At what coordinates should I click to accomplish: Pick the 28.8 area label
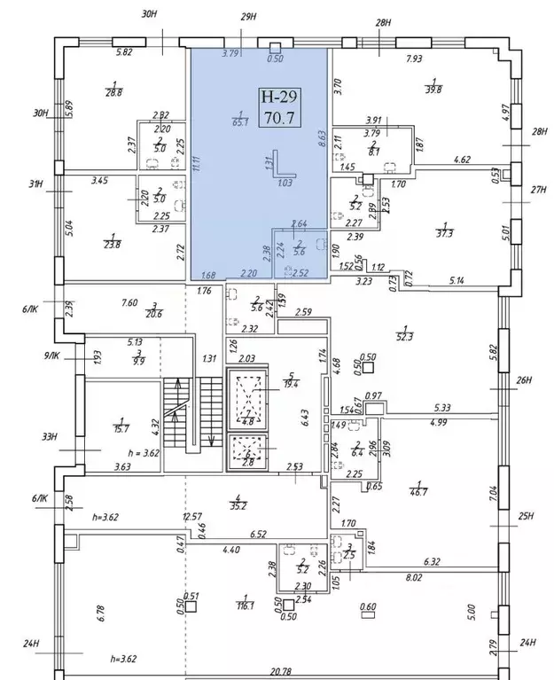click(113, 90)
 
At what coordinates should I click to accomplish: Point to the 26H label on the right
click(524, 381)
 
